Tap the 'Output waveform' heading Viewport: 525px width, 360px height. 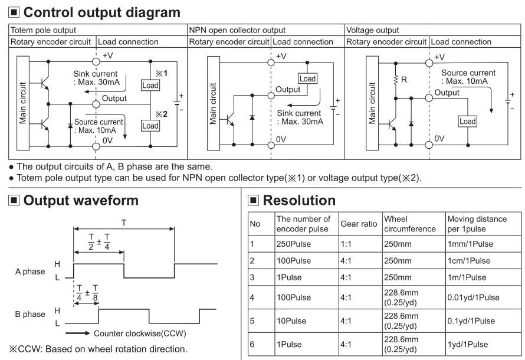81,200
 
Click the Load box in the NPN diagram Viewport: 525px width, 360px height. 307,78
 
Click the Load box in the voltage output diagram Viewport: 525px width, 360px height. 467,121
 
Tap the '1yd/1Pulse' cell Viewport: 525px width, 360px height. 467,344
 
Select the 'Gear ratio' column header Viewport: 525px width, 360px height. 359,224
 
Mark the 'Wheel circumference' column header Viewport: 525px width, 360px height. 409,224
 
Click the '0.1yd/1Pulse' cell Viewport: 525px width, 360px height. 470,320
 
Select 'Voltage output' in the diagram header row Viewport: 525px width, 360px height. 372,30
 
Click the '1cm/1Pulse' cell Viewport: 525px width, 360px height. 468,260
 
